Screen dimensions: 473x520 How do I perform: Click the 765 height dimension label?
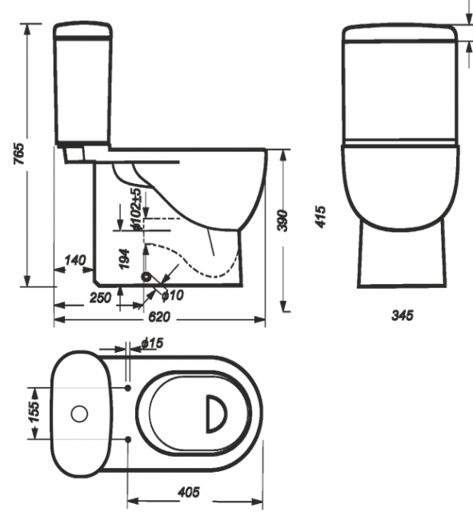19,154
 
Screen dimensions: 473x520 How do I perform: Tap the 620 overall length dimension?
159,317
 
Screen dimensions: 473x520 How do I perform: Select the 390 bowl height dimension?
283,221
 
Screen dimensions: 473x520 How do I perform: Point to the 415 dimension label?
320,217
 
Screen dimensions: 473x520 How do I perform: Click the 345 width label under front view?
403,315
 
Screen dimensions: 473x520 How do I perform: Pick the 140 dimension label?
75,260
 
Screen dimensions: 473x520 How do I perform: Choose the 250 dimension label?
101,298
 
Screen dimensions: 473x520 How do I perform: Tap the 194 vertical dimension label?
124,258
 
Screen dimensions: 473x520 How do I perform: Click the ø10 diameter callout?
173,295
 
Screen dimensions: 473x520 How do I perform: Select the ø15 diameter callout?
152,343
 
